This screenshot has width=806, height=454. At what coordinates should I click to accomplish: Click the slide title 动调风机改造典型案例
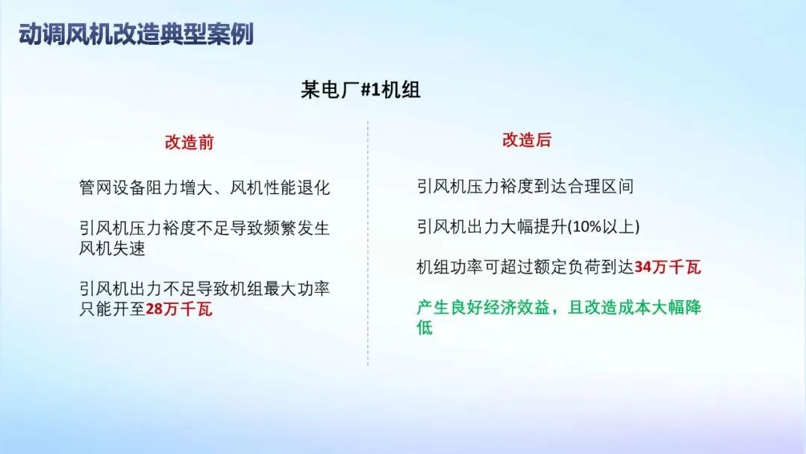coord(137,34)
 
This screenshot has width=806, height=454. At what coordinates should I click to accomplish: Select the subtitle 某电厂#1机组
coord(361,90)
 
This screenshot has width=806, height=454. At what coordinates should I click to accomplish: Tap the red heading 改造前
coord(189,143)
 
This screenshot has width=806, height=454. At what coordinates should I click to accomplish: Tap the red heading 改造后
coord(526,140)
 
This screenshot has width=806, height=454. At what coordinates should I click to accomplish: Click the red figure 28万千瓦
coord(179,309)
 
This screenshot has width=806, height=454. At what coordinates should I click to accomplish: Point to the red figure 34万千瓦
coord(668,267)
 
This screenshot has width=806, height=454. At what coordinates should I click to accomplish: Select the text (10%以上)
coord(604,227)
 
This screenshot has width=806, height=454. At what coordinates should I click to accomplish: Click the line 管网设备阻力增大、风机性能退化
coord(204,187)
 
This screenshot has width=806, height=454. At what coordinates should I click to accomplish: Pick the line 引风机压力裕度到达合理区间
coord(525,186)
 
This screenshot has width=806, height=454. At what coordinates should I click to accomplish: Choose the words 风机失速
coord(112,249)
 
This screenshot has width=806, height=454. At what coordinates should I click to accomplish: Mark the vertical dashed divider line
coord(368,243)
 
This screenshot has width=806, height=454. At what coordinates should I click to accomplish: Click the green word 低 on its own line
coord(425,328)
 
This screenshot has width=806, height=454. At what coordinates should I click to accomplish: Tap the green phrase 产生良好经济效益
coord(483,308)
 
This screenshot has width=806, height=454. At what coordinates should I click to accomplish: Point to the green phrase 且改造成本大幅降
coord(634,308)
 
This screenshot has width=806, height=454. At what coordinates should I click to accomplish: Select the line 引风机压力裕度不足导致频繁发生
coord(204,228)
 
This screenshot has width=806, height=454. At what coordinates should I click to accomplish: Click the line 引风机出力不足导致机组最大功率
coord(204,289)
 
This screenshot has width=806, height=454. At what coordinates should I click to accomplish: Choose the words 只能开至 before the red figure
coord(112,309)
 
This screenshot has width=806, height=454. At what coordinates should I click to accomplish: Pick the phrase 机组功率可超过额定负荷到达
coord(525,267)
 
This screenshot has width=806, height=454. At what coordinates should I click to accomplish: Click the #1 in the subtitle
coord(371,90)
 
